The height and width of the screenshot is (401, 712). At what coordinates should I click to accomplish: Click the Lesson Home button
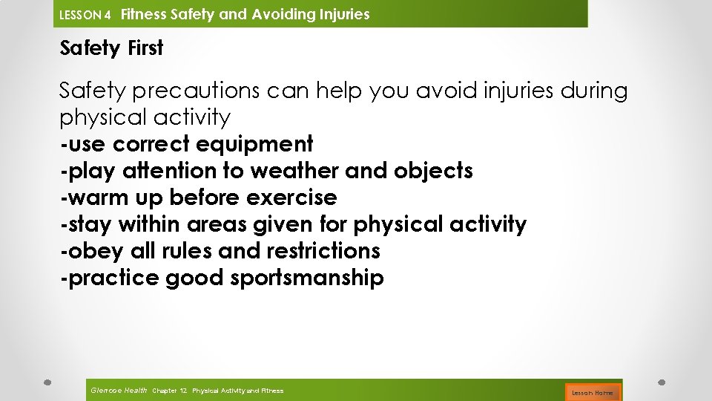[x=593, y=392]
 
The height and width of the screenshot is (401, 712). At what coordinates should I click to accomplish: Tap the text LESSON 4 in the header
[x=85, y=15]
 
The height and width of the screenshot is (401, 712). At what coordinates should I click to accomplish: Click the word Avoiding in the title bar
[x=286, y=14]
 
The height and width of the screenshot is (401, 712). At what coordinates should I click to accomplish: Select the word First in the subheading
[x=145, y=48]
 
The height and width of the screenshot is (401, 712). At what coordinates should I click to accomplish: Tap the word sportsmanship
[x=307, y=278]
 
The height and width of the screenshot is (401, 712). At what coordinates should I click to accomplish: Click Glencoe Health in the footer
[x=118, y=391]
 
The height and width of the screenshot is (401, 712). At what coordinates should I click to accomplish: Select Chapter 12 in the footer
[x=169, y=391]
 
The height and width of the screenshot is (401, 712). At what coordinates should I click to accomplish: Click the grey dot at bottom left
[x=47, y=382]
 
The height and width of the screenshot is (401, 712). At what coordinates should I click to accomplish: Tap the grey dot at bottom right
[x=662, y=382]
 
